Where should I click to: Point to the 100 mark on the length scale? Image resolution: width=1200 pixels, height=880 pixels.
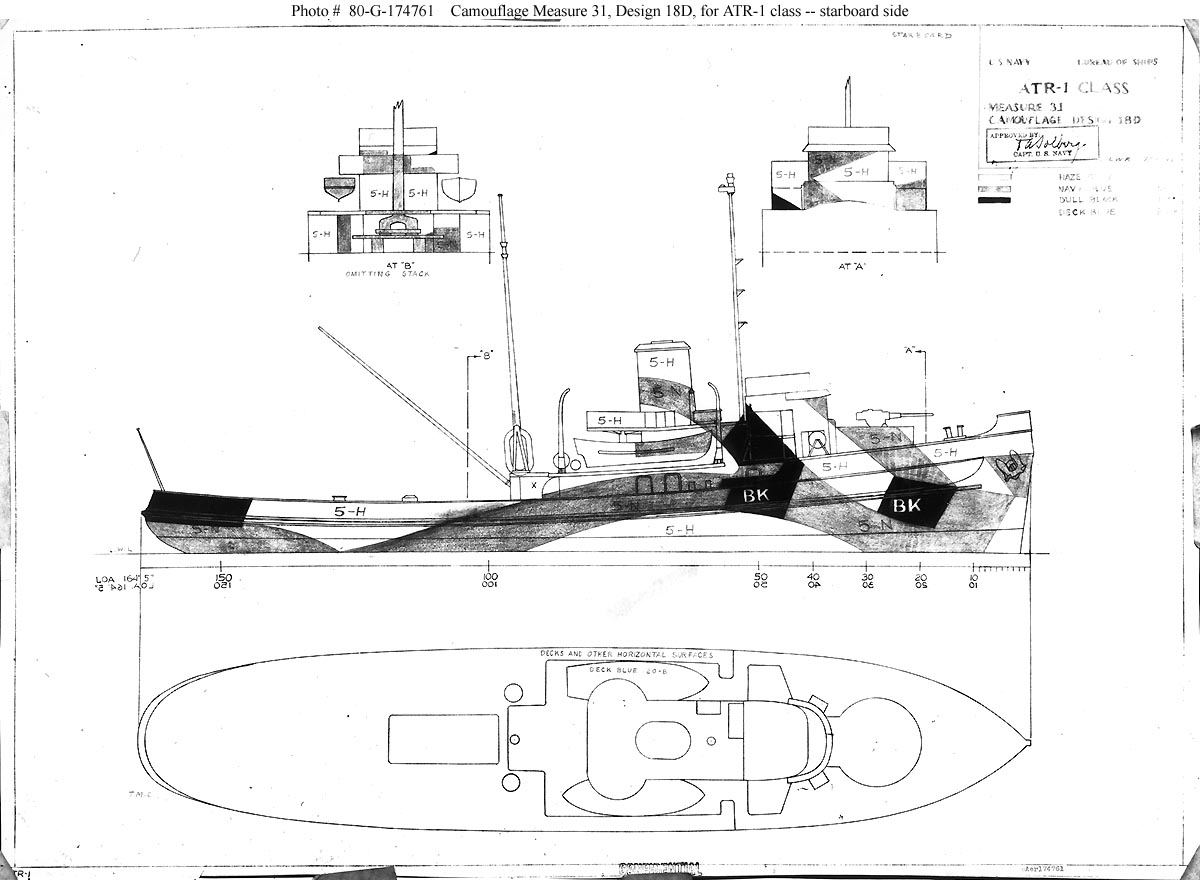(x=489, y=577)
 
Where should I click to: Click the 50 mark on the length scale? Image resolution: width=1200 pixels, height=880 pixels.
(x=760, y=577)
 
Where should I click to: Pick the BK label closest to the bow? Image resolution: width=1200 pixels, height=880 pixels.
(x=906, y=506)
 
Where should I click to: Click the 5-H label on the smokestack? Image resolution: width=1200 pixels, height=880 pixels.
(x=661, y=361)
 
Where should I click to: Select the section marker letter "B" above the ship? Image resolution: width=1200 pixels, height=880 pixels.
(x=487, y=354)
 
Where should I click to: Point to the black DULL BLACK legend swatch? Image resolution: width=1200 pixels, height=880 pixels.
(x=996, y=200)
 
